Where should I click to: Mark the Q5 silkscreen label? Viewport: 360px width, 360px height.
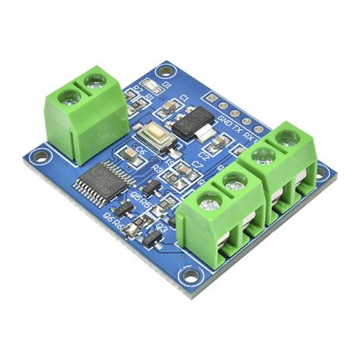[x=136, y=201]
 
